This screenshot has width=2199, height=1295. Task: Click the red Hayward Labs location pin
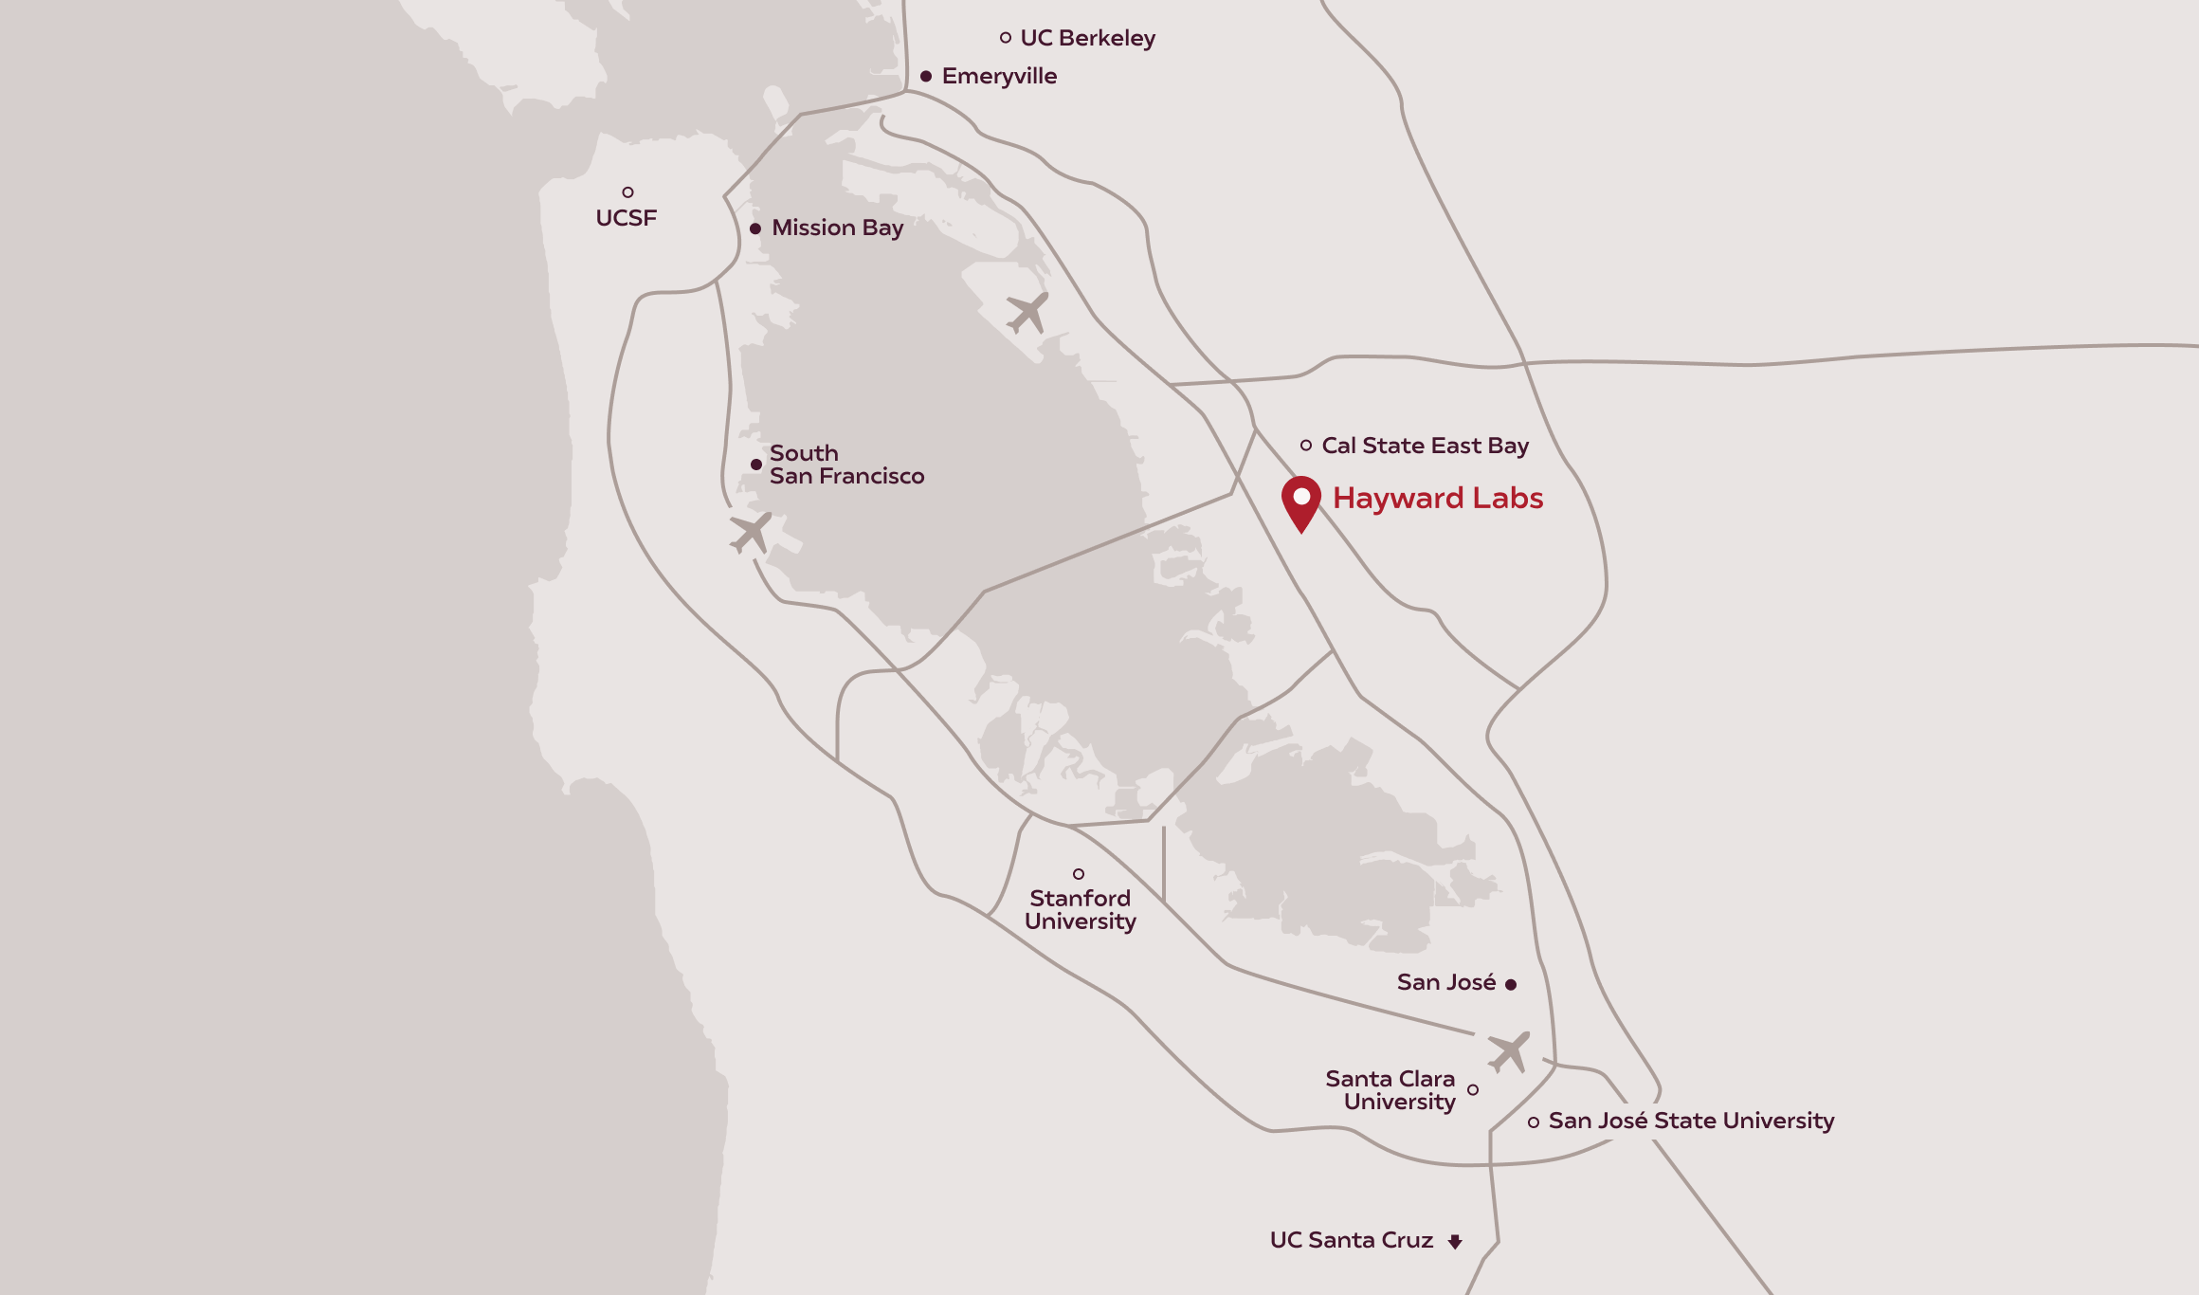click(x=1301, y=501)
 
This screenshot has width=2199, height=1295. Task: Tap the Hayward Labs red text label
click(x=1438, y=499)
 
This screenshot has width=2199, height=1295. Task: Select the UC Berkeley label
click(x=1087, y=38)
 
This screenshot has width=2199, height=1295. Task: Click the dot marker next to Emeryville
click(x=926, y=76)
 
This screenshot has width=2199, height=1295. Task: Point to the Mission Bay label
click(x=837, y=228)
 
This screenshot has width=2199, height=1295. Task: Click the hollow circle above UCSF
click(x=627, y=192)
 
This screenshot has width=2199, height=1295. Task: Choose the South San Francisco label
click(x=845, y=465)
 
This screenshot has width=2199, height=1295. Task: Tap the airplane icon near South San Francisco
click(x=751, y=533)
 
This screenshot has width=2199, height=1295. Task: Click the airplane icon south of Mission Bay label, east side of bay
click(x=1027, y=312)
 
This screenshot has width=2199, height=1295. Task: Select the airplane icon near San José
click(x=1508, y=1051)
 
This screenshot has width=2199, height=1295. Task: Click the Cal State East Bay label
click(x=1425, y=446)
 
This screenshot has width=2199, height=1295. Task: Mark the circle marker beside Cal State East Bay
click(x=1306, y=446)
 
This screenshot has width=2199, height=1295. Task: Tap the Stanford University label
click(x=1080, y=909)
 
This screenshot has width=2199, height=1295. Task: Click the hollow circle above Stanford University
click(x=1079, y=874)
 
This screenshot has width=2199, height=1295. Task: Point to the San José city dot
click(x=1511, y=985)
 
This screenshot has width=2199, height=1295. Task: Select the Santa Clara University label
click(x=1390, y=1090)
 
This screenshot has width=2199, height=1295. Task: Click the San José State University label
click(x=1691, y=1121)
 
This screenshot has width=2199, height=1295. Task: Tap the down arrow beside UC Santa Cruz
click(x=1455, y=1241)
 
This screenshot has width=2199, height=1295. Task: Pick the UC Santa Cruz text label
click(x=1351, y=1240)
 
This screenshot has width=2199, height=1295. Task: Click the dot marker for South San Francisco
click(x=756, y=465)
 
